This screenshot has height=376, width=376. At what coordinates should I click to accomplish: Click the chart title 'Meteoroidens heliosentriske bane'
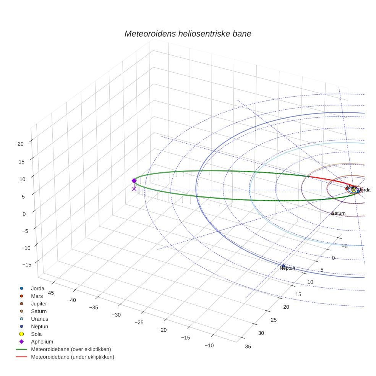(x=188, y=34)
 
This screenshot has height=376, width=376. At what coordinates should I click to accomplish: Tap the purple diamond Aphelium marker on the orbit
(x=134, y=181)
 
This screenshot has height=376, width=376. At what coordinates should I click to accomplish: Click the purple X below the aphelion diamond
(x=134, y=189)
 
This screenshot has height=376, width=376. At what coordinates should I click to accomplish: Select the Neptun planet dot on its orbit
(x=283, y=266)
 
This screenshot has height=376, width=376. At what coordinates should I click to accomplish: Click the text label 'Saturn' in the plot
(x=338, y=213)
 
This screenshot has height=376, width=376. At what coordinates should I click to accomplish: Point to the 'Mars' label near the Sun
(x=351, y=187)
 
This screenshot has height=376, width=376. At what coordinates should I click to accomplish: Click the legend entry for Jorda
(x=37, y=288)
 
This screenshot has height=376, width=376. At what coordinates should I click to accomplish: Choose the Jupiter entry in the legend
(x=39, y=303)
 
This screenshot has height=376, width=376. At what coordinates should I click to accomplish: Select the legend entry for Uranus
(x=39, y=319)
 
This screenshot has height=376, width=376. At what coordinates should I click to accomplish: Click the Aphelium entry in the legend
(x=42, y=342)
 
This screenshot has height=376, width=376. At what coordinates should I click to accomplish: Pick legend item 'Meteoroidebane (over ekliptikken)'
(x=71, y=349)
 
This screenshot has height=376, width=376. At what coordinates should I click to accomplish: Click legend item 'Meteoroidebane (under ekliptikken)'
(x=73, y=357)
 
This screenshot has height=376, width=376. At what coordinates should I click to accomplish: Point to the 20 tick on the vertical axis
(x=21, y=144)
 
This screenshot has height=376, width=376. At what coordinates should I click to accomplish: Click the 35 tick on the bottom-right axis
(x=248, y=347)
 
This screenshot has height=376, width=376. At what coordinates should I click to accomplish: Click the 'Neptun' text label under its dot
(x=287, y=268)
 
